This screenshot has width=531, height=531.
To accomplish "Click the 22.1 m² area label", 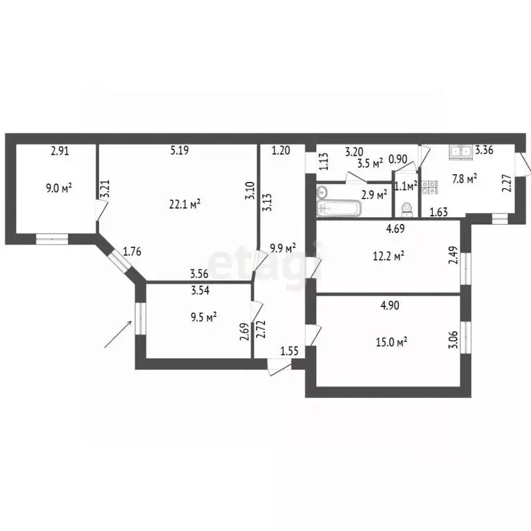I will (x=185, y=204).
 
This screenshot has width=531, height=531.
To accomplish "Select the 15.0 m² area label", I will (x=391, y=340).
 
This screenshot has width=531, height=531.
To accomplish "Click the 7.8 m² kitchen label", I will (x=465, y=180).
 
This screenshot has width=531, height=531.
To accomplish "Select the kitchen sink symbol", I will (x=460, y=150).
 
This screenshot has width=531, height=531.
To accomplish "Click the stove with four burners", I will (x=429, y=185).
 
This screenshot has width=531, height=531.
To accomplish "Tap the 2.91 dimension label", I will (x=60, y=149).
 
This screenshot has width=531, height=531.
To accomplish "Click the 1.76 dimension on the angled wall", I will (x=132, y=252).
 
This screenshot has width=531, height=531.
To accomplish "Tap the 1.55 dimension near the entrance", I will (x=290, y=351).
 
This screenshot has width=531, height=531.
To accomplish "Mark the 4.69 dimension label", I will (x=395, y=229).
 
